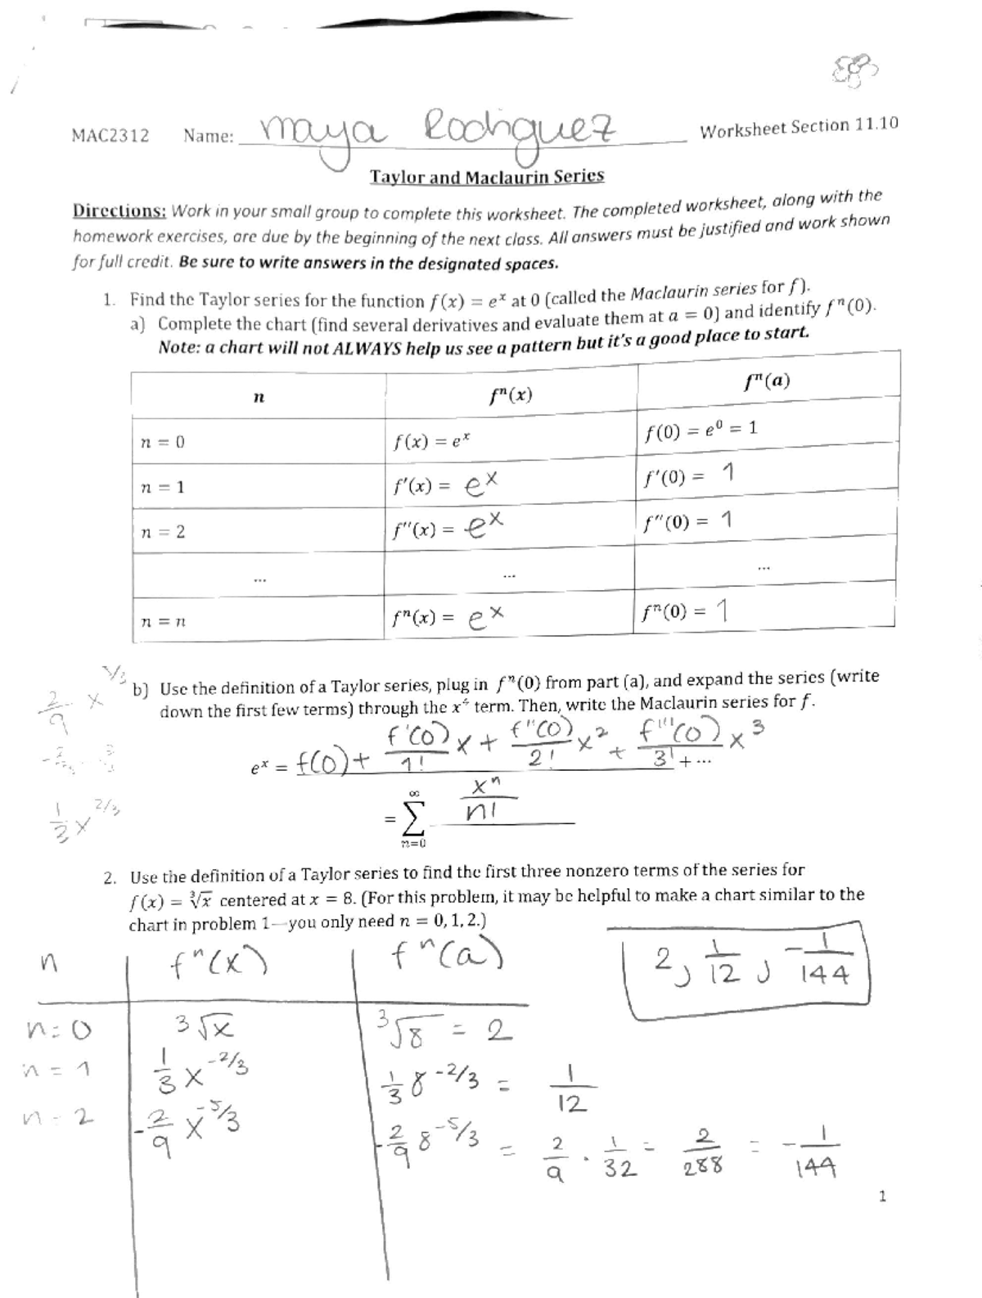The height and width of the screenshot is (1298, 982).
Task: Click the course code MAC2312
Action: tap(110, 136)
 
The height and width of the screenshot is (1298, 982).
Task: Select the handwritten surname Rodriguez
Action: tap(520, 128)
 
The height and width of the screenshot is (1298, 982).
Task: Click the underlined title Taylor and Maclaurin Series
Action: tap(487, 177)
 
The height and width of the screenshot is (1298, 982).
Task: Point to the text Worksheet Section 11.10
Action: tap(799, 127)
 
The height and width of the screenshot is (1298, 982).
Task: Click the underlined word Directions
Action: tap(119, 210)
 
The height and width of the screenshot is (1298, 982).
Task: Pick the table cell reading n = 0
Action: tap(162, 442)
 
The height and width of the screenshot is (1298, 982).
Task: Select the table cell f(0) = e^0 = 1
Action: tap(700, 429)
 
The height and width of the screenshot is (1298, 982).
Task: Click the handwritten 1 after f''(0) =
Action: tap(725, 520)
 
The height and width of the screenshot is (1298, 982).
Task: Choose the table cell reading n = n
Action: tap(162, 621)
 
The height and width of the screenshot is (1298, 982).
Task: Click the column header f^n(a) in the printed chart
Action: tap(767, 381)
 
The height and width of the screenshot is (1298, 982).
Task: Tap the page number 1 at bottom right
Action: tap(881, 1197)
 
